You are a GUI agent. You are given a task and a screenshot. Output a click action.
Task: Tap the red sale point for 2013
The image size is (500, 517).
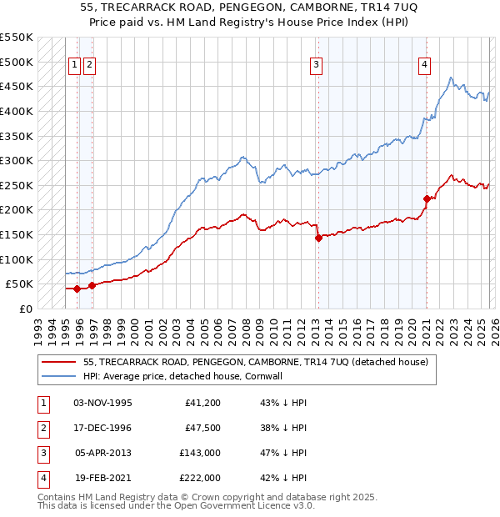point(318,238)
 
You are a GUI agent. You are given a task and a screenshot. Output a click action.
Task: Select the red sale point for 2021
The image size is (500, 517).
point(427,198)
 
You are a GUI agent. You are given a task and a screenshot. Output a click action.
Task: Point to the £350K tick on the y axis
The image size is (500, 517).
point(17,136)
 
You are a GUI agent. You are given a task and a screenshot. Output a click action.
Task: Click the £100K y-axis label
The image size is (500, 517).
point(17,259)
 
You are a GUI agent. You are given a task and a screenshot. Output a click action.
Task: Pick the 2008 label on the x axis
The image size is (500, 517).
point(242,325)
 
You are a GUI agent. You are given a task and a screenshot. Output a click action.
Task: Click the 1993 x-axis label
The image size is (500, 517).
point(38,325)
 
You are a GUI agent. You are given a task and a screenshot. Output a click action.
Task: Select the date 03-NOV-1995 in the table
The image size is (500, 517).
point(103,403)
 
